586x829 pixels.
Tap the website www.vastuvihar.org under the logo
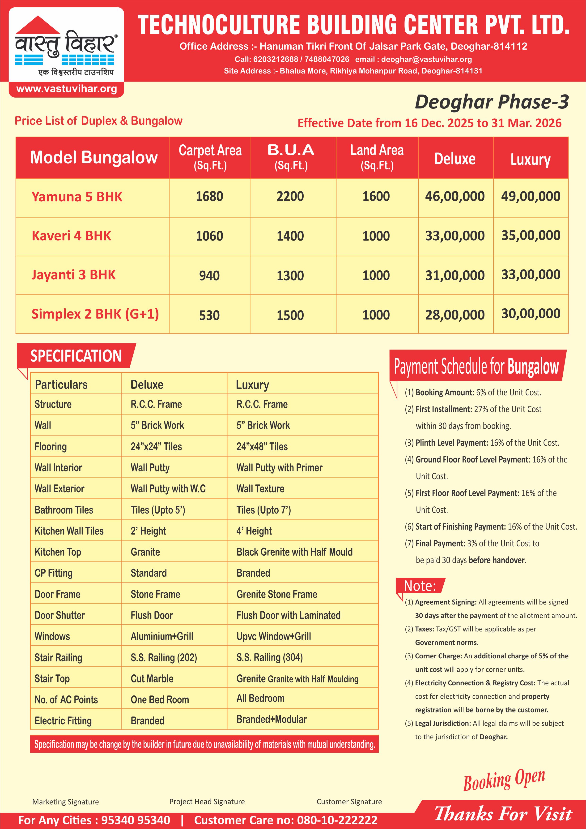pos(66,89)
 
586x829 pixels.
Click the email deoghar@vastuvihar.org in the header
pos(426,59)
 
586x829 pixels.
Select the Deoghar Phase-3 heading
pos(492,102)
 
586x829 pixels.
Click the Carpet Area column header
pos(210,157)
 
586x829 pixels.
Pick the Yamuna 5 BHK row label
pos(77,197)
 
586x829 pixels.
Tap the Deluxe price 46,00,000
pos(455,196)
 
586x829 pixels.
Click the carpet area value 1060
pos(209,236)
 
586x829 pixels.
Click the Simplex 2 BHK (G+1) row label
pos(95,314)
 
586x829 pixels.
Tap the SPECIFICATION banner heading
pos(76,356)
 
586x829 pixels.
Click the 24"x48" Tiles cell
pos(262,447)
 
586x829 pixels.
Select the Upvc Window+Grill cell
pos(273,636)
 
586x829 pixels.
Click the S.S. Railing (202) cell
pos(163,657)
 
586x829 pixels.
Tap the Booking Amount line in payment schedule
pos(473,393)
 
